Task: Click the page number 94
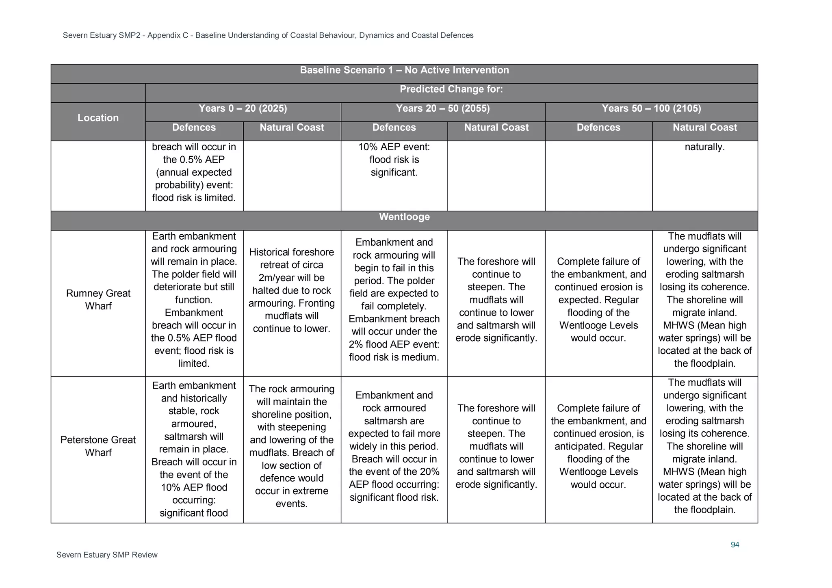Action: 734,545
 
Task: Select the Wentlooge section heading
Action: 404,217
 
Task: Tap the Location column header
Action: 98,118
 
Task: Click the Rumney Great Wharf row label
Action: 98,300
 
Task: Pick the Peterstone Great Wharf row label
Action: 98,446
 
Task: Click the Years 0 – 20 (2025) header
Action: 243,108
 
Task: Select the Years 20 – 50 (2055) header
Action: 443,108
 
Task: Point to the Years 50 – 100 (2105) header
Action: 651,108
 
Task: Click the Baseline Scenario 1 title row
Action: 404,70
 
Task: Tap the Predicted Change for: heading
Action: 451,89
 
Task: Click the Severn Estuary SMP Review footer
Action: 107,555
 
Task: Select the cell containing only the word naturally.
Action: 704,147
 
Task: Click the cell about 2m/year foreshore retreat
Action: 291,290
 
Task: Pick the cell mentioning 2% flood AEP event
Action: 394,300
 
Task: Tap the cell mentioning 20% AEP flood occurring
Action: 394,446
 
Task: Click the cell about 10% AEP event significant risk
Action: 394,160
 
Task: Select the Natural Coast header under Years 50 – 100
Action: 704,128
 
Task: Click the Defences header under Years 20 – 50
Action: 394,128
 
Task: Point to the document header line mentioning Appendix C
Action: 268,35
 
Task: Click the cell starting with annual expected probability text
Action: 194,173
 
